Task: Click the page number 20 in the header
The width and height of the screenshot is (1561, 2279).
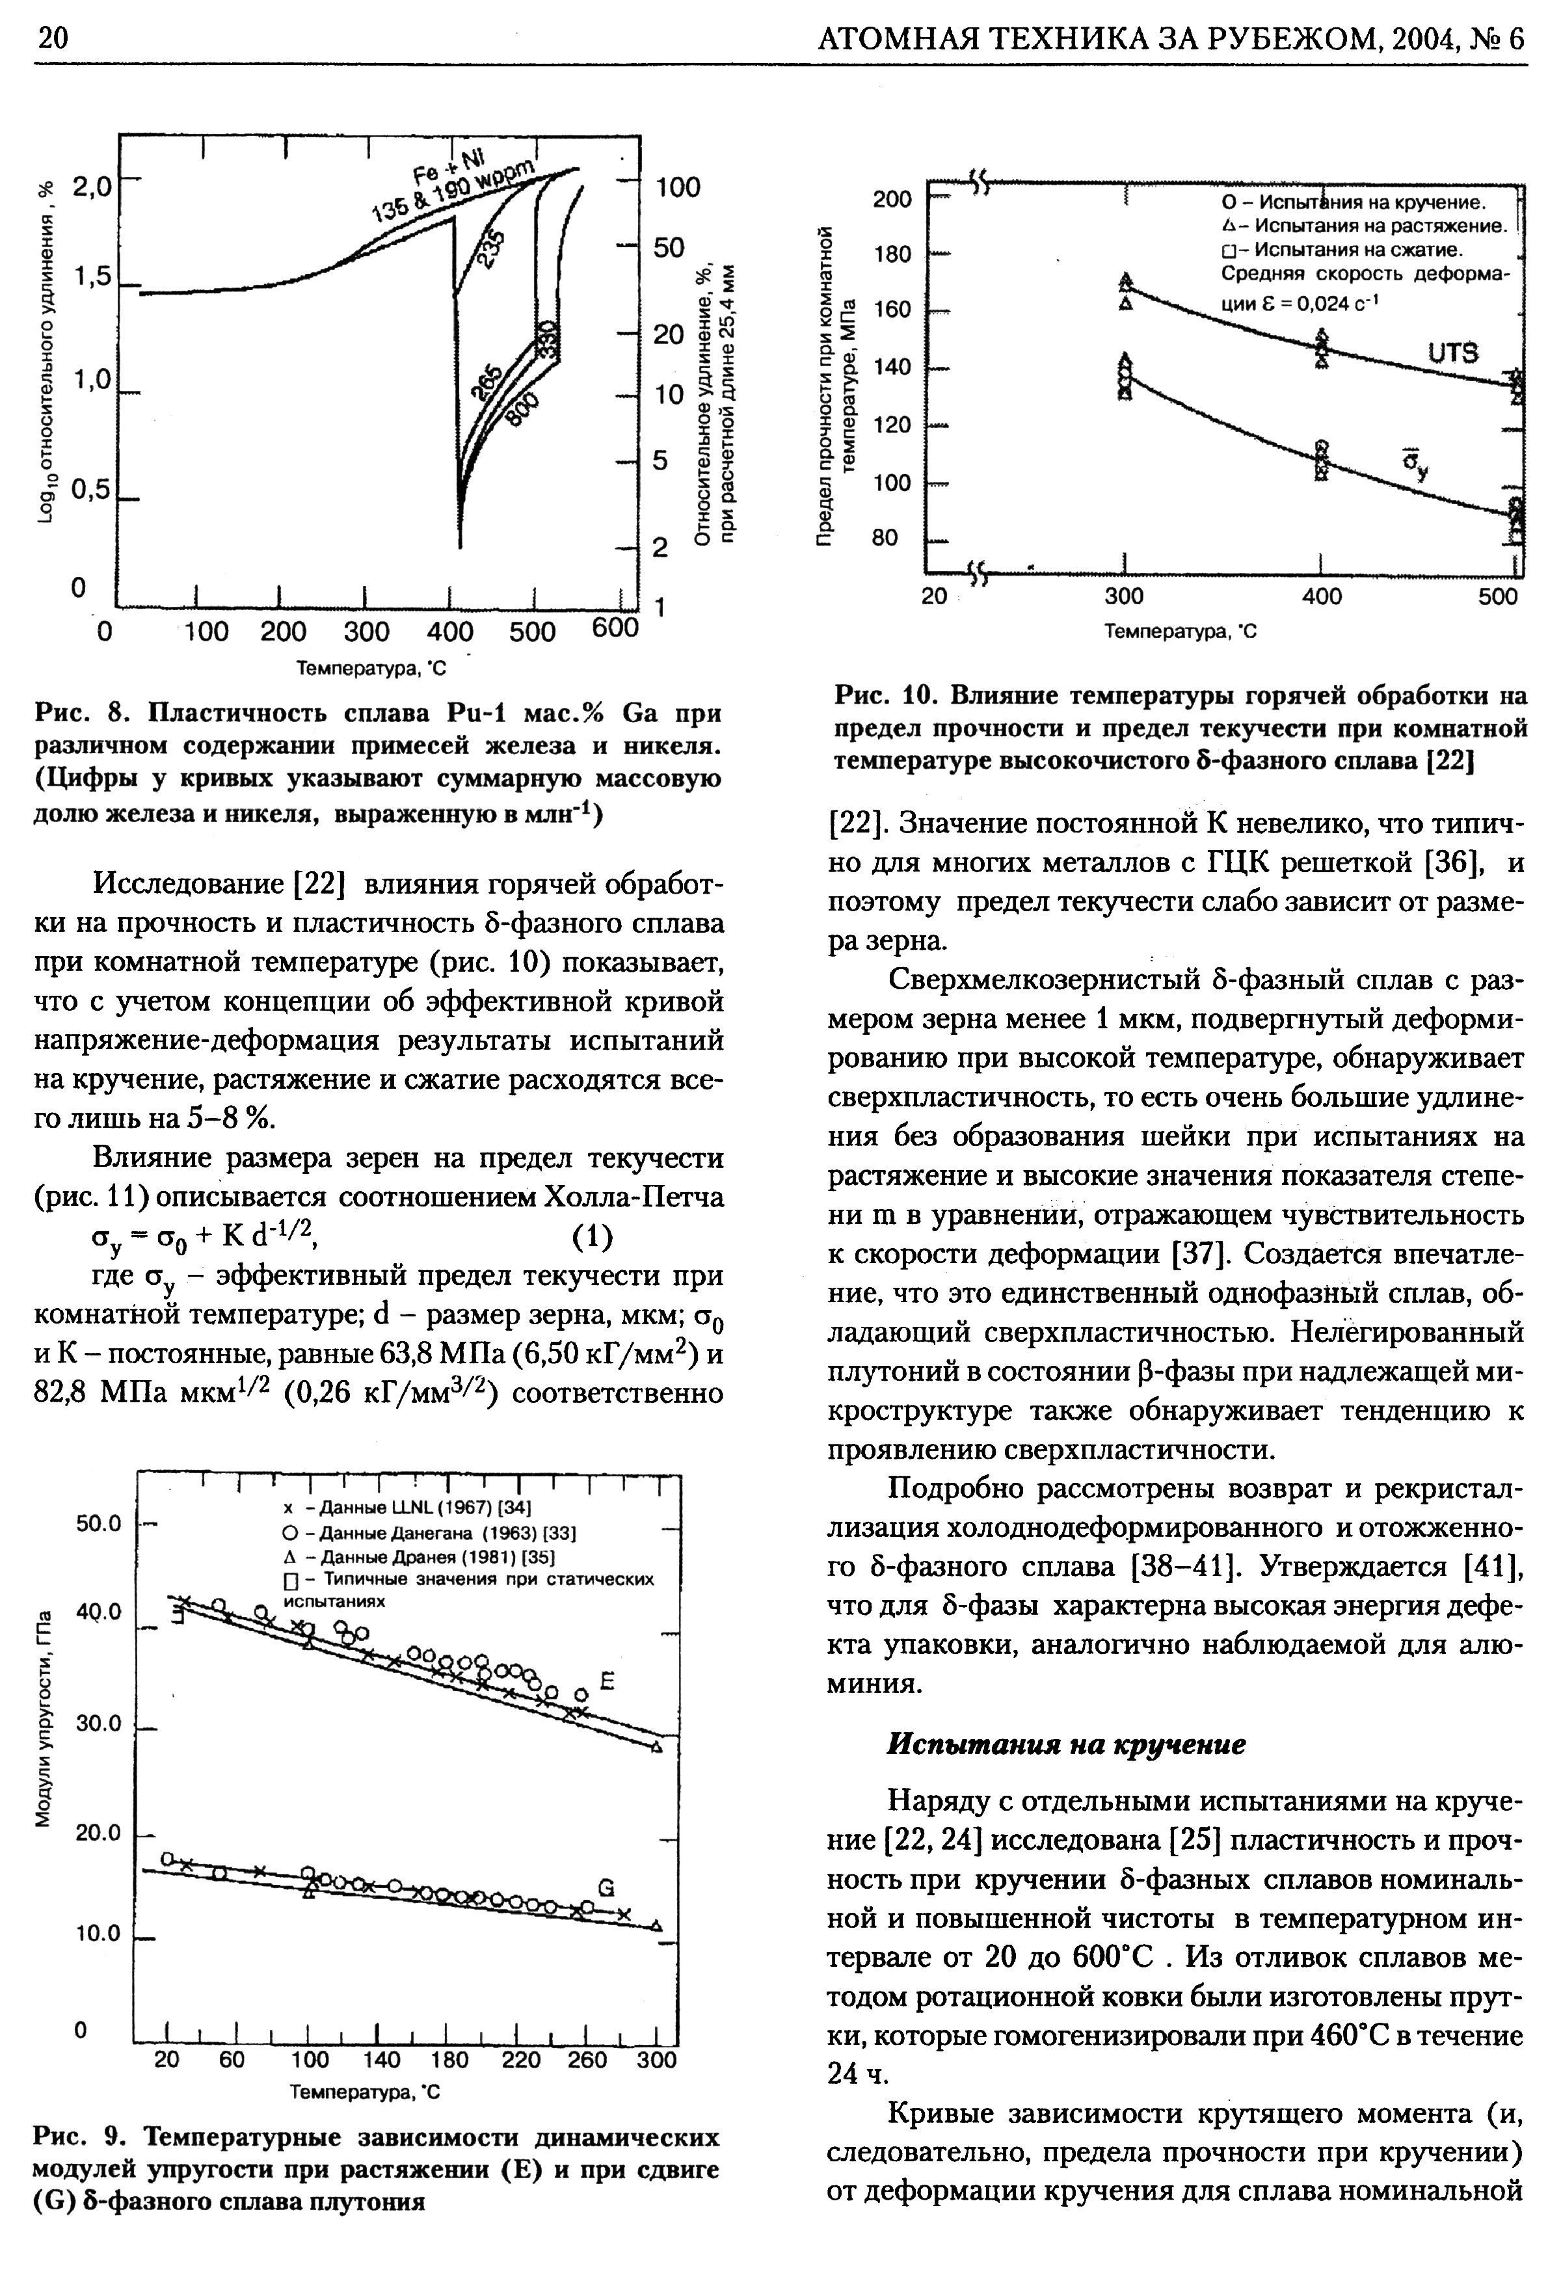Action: click(x=51, y=38)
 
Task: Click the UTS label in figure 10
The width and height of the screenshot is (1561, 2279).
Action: click(x=1452, y=353)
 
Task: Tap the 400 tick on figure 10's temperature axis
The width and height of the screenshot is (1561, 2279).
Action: click(x=1321, y=597)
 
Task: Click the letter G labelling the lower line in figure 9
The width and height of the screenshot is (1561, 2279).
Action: click(x=606, y=1887)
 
